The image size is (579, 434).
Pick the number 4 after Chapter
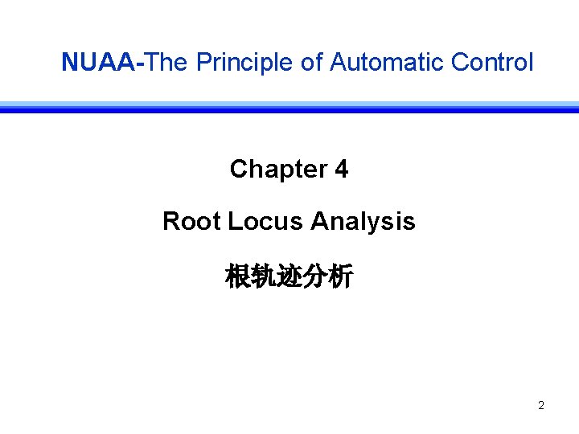(341, 170)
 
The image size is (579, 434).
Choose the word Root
(191, 221)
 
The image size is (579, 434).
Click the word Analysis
(363, 221)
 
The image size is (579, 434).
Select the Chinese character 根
(238, 277)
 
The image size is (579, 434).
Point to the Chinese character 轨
(264, 277)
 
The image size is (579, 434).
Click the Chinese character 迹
(289, 277)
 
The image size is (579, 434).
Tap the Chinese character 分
(315, 277)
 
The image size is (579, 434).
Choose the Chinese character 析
(341, 277)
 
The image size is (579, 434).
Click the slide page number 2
(540, 406)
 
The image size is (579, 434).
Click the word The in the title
(166, 62)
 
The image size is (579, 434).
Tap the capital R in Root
(170, 221)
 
